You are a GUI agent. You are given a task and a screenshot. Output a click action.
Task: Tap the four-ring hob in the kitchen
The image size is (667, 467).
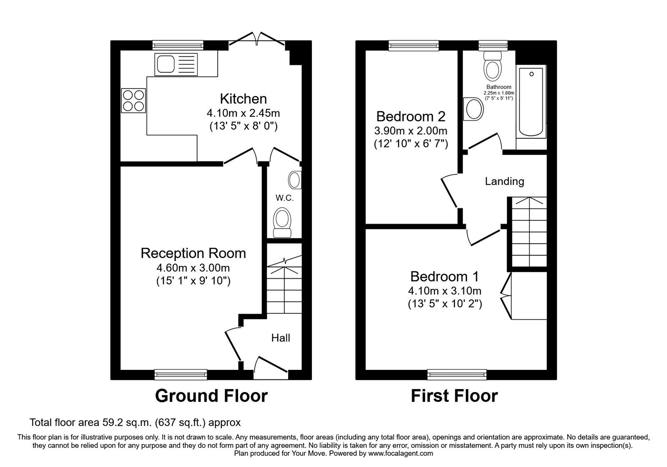coord(133,100)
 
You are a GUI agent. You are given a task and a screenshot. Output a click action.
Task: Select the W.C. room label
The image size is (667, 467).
coord(284,198)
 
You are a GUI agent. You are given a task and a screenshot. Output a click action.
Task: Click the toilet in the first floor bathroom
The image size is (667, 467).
coord(492,67)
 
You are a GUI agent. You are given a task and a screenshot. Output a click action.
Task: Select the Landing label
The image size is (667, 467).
coord(504,181)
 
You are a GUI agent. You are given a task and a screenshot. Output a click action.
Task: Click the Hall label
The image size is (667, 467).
coord(281,338)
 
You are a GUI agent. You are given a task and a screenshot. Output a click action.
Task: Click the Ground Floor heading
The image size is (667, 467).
coord(211,396)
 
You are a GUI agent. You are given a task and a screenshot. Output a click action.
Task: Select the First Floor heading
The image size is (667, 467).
coord(454,396)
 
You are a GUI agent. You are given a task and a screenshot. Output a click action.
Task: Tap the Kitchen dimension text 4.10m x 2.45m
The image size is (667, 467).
coord(243,113)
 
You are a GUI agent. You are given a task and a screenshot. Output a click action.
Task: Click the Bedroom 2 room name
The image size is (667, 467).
coord(411,115)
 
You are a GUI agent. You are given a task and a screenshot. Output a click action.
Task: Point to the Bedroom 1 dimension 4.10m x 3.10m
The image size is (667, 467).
coord(445,291)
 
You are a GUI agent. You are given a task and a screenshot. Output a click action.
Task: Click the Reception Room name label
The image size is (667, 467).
coord(193,253)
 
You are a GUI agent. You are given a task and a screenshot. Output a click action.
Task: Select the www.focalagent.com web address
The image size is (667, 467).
coord(401,453)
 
